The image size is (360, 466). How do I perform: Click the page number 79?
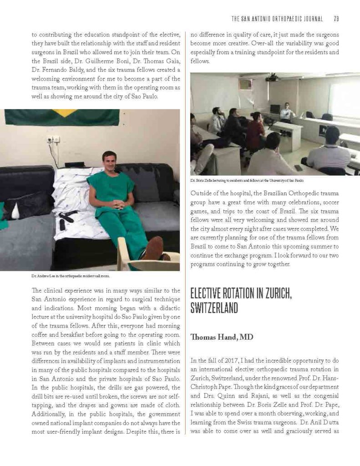pyautogui.click(x=336, y=19)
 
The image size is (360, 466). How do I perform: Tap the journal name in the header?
pyautogui.click(x=277, y=19)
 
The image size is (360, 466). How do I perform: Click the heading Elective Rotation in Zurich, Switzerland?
pyautogui.click(x=241, y=301)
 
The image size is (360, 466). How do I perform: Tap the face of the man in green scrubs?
pyautogui.click(x=109, y=161)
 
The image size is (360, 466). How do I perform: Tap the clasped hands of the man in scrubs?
pyautogui.click(x=118, y=204)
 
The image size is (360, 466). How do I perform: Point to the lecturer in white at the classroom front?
pyautogui.click(x=287, y=112)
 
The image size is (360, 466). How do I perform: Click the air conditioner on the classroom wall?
pyautogui.click(x=245, y=85)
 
